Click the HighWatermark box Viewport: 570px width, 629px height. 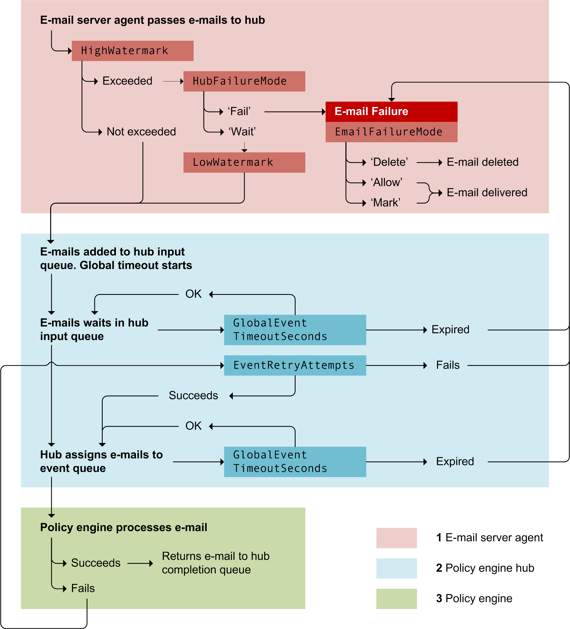pyautogui.click(x=132, y=51)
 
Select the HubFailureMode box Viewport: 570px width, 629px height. pyautogui.click(x=244, y=81)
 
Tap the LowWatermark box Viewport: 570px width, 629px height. pyautogui.click(x=244, y=162)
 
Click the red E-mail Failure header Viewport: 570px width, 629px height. pyautogui.click(x=391, y=111)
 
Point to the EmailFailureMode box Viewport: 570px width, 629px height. pyautogui.click(x=391, y=132)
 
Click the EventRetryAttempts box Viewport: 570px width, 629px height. pyautogui.click(x=295, y=365)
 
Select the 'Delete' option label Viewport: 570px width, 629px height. pyautogui.click(x=389, y=162)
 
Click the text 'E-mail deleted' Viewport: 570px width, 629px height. pyautogui.click(x=482, y=162)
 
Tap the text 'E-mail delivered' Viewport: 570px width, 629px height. pyautogui.click(x=487, y=193)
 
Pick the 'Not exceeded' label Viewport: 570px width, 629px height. pyautogui.click(x=141, y=132)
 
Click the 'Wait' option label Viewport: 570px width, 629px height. pyautogui.click(x=242, y=132)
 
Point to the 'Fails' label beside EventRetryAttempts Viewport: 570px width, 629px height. pyautogui.click(x=448, y=365)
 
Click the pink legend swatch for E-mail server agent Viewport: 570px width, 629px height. pyautogui.click(x=396, y=537)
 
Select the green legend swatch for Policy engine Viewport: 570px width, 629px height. pyautogui.click(x=396, y=598)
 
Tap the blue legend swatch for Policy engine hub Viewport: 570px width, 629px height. pyautogui.click(x=396, y=568)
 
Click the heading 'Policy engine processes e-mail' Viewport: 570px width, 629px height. pyautogui.click(x=124, y=527)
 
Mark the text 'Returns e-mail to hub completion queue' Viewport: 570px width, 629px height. pyautogui.click(x=215, y=563)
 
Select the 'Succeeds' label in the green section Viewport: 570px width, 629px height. pyautogui.click(x=96, y=563)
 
